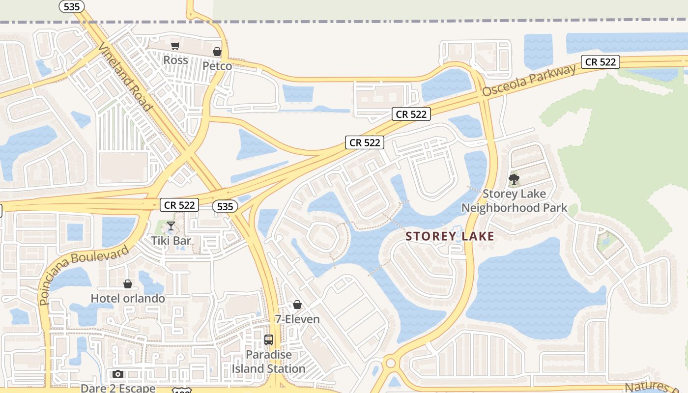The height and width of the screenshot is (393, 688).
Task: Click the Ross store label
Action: [x=175, y=60]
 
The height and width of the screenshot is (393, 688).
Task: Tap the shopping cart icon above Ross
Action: [x=175, y=46]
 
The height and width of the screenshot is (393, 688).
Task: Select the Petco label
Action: [x=217, y=66]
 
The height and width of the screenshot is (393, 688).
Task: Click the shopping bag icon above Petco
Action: [x=217, y=52]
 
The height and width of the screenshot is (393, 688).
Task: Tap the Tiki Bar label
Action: [x=171, y=241]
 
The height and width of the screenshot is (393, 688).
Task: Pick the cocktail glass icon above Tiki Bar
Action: [x=171, y=226]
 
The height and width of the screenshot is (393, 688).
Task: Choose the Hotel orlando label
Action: [x=128, y=298]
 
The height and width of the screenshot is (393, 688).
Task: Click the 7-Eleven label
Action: [x=297, y=319]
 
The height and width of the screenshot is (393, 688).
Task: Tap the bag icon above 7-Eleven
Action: [x=297, y=305]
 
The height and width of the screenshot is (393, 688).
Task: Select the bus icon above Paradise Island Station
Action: [x=268, y=340]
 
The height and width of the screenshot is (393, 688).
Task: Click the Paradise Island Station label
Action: [x=268, y=362]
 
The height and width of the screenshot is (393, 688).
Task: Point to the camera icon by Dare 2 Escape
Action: [x=117, y=374]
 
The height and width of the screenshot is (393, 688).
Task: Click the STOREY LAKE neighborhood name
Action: [x=450, y=236]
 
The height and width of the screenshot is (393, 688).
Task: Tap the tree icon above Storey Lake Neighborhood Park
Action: [x=514, y=179]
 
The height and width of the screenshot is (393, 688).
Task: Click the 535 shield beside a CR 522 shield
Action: [x=225, y=206]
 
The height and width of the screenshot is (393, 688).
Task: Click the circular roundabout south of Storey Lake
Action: [x=391, y=364]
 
